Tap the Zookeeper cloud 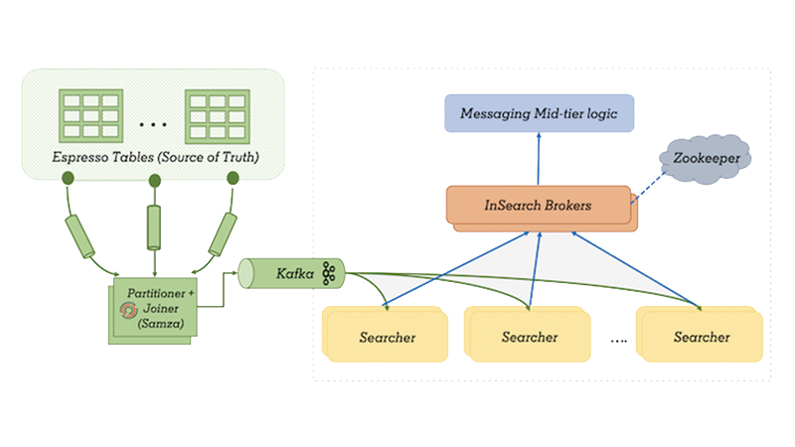707,158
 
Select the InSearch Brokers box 538,206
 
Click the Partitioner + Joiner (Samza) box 152,311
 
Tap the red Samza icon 127,311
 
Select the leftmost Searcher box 386,337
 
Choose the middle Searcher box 529,337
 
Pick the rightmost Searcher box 701,337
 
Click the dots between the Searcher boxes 619,339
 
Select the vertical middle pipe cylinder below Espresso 154,227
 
